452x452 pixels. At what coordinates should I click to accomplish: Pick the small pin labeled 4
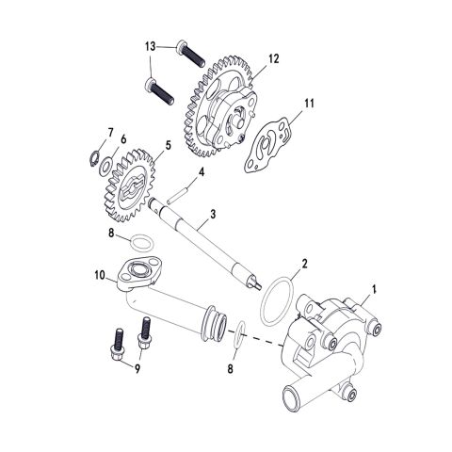pos(175,196)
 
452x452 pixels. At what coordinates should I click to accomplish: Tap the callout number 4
pos(201,172)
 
